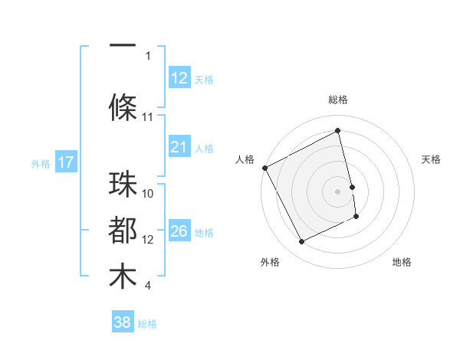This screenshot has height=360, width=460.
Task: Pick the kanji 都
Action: pyautogui.click(x=123, y=231)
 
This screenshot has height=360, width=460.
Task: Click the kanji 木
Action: pyautogui.click(x=123, y=277)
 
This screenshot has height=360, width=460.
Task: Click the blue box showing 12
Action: pyautogui.click(x=179, y=78)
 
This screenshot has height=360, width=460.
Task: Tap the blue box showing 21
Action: pyautogui.click(x=179, y=147)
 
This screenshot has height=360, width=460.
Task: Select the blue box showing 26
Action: pyautogui.click(x=179, y=231)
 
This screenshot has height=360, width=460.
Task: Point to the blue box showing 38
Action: pyautogui.click(x=123, y=323)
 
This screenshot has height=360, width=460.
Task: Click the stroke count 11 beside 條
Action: pyautogui.click(x=148, y=117)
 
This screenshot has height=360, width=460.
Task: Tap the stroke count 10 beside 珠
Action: pyautogui.click(x=148, y=194)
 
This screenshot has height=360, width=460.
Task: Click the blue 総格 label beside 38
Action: pyautogui.click(x=147, y=324)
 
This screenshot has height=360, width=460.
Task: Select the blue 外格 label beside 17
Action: pyautogui.click(x=41, y=163)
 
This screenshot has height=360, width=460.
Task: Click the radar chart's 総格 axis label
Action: pyautogui.click(x=338, y=100)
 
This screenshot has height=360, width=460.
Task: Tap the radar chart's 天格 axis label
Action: pyautogui.click(x=432, y=159)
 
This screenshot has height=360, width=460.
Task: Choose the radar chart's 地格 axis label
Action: pyautogui.click(x=402, y=262)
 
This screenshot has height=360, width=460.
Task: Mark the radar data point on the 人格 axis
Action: pyautogui.click(x=264, y=168)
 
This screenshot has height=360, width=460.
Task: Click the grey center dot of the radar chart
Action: pyautogui.click(x=338, y=191)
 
